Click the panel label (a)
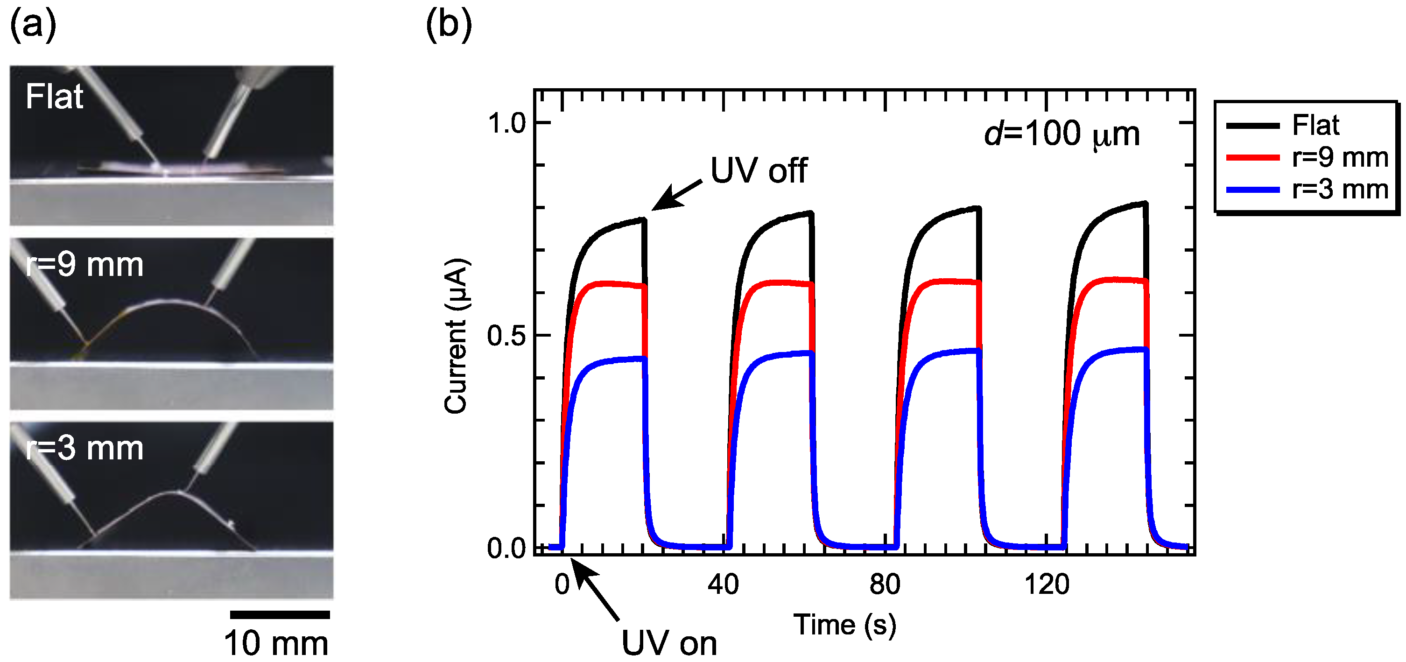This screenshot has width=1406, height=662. coord(33,25)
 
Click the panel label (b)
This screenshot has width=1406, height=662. coord(448,25)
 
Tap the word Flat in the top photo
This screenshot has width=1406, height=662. coord(54,97)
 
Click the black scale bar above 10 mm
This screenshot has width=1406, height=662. coord(280,614)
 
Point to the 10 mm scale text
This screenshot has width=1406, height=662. coord(276,643)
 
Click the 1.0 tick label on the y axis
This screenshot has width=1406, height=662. coord(506,123)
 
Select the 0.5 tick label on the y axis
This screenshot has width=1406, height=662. coord(506,336)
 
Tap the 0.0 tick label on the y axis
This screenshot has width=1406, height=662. coord(506,548)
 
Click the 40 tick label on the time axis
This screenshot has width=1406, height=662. coord(723,585)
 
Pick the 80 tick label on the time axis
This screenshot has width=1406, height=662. coord(885,585)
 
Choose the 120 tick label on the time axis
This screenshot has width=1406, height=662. coord(1046,585)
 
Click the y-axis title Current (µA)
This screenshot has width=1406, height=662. coord(456,336)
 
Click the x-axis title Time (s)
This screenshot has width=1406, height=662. coord(845,625)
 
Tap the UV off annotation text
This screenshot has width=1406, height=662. coord(759,170)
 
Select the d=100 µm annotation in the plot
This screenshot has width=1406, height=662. coord(1062,134)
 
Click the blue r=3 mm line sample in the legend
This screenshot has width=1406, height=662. coord(1252,190)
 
